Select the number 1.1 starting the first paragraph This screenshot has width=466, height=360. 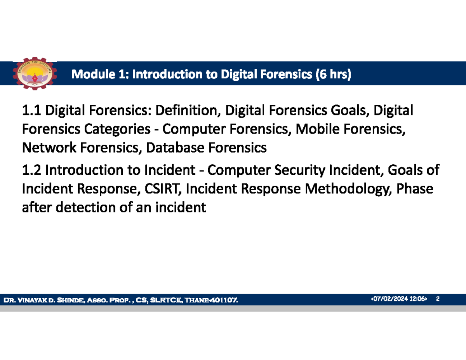click(x=32, y=112)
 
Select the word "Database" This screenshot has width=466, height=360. click(x=176, y=148)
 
